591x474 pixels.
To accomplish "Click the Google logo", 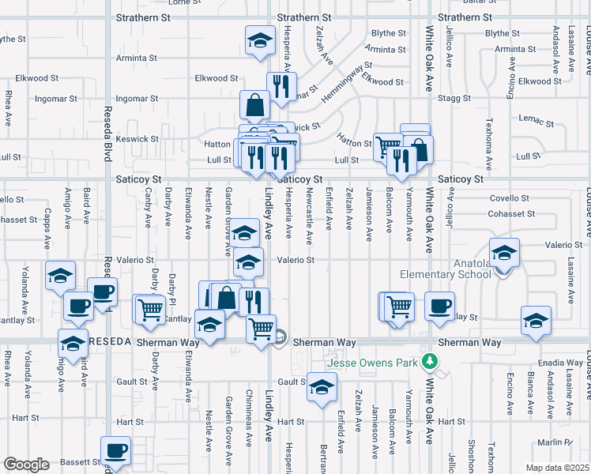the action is tap(27, 465).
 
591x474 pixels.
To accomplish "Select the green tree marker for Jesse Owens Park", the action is tap(430, 362).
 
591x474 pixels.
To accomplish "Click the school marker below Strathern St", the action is tap(258, 41).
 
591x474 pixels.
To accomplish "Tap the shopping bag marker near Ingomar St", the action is tap(255, 105).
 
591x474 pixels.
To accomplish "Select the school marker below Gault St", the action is tap(322, 388).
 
